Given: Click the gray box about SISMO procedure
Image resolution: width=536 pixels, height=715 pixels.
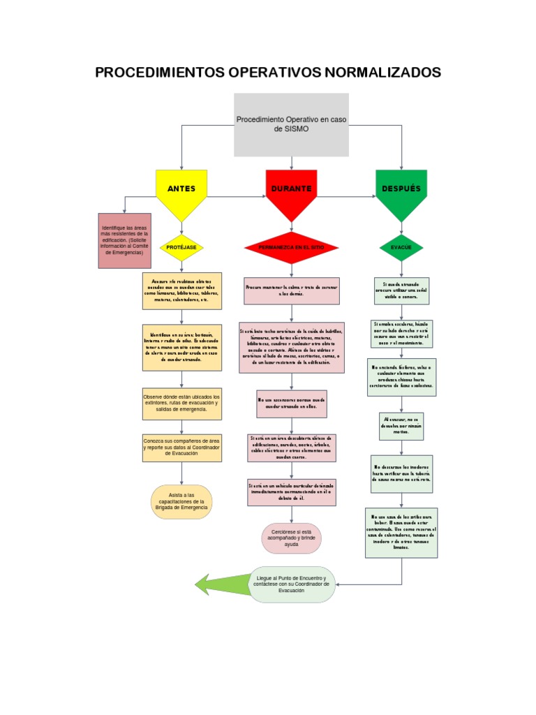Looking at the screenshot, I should pyautogui.click(x=291, y=124).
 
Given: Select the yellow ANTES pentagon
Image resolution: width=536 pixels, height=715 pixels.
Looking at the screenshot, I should pyautogui.click(x=181, y=191).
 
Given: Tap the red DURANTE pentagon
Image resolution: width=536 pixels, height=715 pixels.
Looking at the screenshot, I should pyautogui.click(x=292, y=191).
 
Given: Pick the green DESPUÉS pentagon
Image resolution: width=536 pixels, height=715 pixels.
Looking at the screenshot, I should pyautogui.click(x=401, y=191).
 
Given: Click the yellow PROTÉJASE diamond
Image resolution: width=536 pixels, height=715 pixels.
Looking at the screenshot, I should pyautogui.click(x=181, y=248).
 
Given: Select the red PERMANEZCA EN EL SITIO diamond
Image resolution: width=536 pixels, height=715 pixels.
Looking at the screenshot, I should pyautogui.click(x=292, y=248).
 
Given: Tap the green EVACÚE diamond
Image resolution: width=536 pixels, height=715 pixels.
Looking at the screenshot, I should pyautogui.click(x=401, y=248).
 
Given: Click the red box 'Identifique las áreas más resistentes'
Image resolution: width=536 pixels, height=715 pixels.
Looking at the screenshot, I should pyautogui.click(x=125, y=241).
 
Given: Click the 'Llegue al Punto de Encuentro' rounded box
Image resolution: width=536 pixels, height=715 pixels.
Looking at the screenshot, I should pyautogui.click(x=292, y=584).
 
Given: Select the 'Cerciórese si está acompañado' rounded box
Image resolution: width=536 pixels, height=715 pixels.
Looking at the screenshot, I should pyautogui.click(x=291, y=538).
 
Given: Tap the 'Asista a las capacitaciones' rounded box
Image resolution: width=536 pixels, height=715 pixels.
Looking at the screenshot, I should pyautogui.click(x=181, y=501).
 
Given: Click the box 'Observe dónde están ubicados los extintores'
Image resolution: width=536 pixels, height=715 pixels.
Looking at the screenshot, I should pyautogui.click(x=181, y=404).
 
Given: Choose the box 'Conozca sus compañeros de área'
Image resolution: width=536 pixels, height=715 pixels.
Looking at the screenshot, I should pyautogui.click(x=181, y=448).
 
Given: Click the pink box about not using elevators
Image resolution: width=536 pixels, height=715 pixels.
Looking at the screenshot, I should pyautogui.click(x=292, y=404).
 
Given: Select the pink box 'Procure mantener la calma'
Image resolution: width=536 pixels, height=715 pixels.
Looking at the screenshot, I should pyautogui.click(x=292, y=290).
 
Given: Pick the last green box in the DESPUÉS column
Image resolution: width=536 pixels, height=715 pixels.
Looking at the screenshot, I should pyautogui.click(x=401, y=533).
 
